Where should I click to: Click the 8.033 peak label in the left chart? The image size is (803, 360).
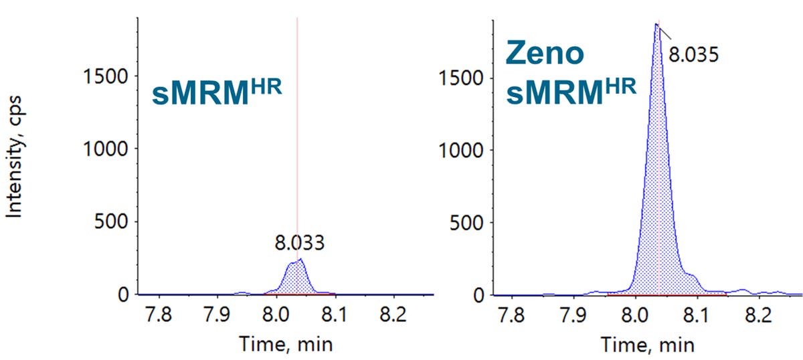pyautogui.click(x=300, y=242)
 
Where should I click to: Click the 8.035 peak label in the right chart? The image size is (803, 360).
pyautogui.click(x=693, y=54)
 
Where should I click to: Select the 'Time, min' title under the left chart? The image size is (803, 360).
pyautogui.click(x=286, y=344)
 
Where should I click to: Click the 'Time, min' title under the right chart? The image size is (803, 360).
pyautogui.click(x=648, y=344)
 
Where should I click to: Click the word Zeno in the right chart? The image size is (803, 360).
pyautogui.click(x=545, y=54)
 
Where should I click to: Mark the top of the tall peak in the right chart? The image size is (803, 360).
pyautogui.click(x=656, y=24)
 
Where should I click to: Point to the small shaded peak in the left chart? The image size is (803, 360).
pyautogui.click(x=295, y=278)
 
